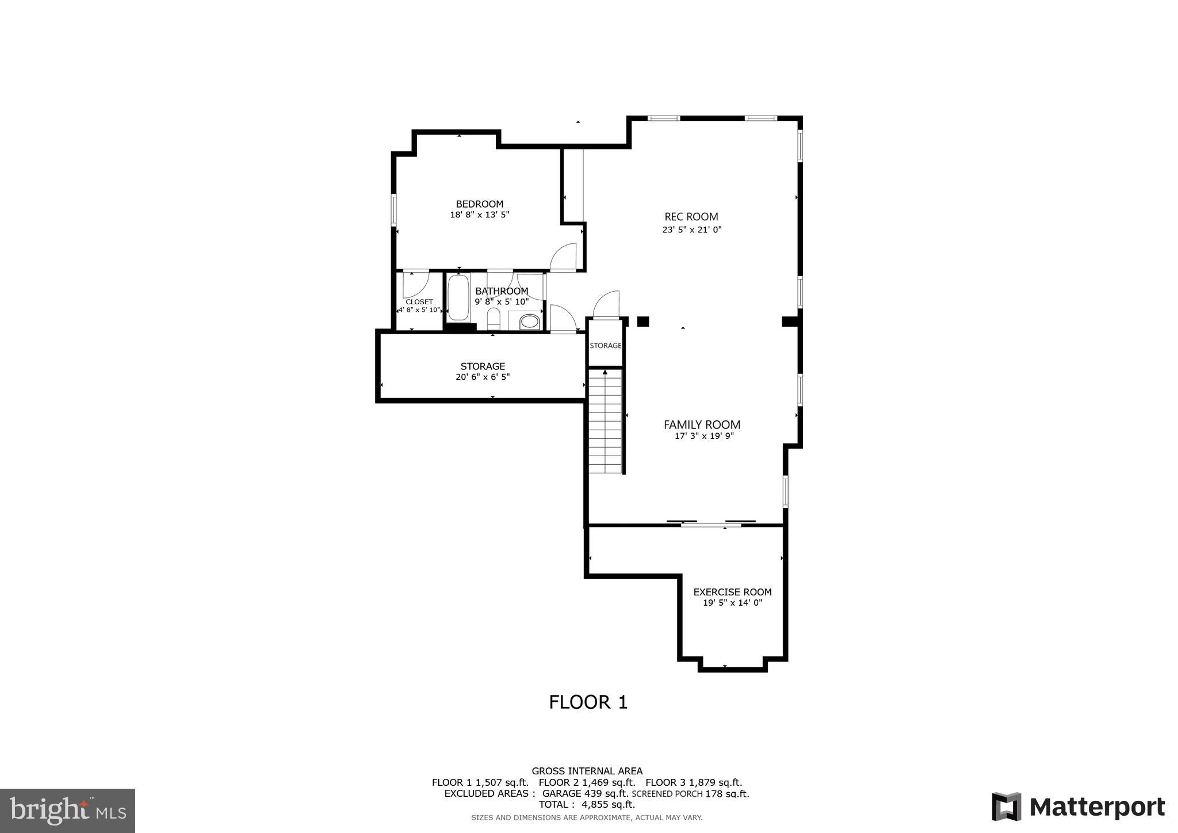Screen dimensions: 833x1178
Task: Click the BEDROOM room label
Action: [479, 204]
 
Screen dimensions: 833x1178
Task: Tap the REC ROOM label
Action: [691, 217]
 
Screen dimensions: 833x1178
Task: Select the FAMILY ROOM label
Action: [702, 425]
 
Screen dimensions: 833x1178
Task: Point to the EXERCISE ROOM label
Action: [732, 592]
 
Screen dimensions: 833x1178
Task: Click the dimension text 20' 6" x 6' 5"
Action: [482, 377]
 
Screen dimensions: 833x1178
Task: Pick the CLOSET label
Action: [419, 302]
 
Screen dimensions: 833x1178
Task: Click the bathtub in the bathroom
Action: [458, 298]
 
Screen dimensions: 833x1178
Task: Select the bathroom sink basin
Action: [529, 322]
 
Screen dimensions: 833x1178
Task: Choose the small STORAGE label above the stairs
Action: [605, 346]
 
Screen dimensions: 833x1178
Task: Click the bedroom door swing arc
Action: [564, 257]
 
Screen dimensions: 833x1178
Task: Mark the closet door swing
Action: [415, 284]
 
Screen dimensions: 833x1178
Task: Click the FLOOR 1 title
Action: [588, 702]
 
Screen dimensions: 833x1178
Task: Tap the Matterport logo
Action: [1078, 807]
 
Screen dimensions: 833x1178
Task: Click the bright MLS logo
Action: [67, 810]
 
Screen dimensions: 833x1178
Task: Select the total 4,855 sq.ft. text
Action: [587, 805]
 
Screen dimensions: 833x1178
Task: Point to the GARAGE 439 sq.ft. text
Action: [585, 794]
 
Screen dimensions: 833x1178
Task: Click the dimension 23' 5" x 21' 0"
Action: [691, 230]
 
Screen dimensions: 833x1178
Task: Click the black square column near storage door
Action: [642, 322]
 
